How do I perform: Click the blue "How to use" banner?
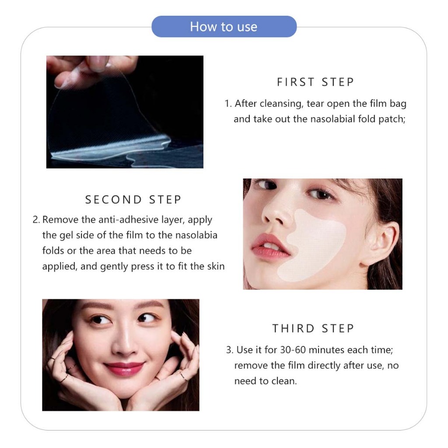point(224,27)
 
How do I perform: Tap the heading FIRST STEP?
point(315,82)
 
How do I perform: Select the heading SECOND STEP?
point(133,199)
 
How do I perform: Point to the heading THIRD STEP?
point(313,329)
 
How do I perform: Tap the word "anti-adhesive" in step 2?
point(129,220)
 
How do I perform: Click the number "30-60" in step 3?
point(293,350)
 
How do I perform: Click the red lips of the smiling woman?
point(124,368)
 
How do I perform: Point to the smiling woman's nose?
point(124,343)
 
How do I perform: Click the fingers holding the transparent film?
point(91,70)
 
